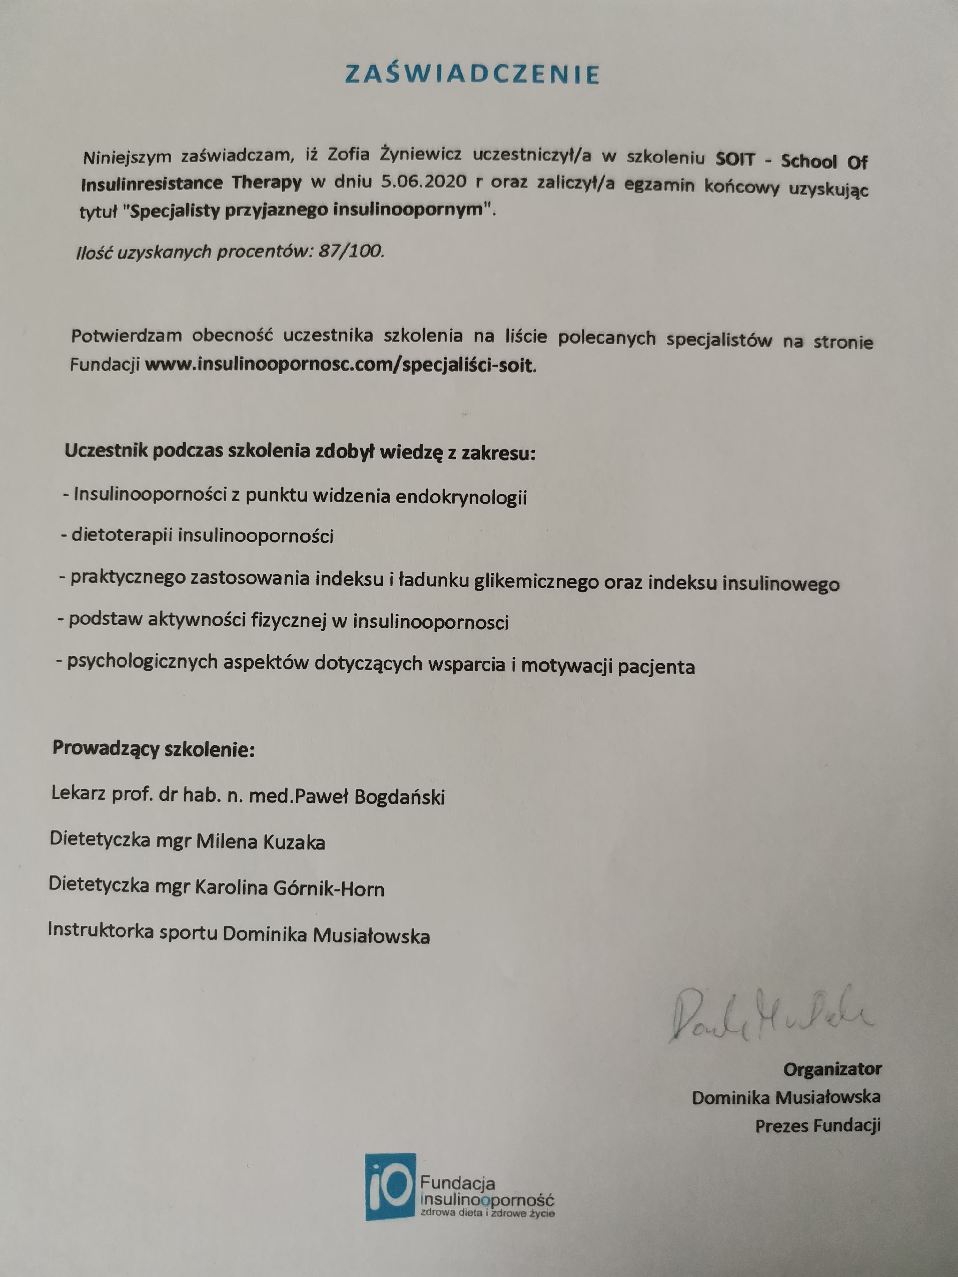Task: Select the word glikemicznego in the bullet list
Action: (535, 582)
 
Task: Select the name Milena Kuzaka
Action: (261, 842)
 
